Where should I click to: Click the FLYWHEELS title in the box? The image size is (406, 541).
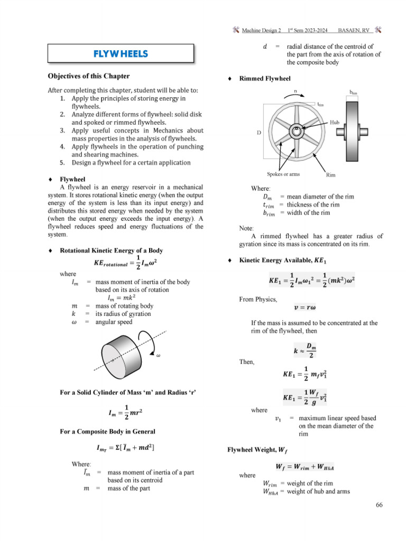point(121,54)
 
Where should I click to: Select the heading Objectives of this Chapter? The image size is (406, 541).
point(88,76)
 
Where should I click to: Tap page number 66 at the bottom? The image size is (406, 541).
point(379,505)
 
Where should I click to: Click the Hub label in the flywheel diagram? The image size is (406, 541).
point(335,122)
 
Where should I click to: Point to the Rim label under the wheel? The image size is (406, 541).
point(330,174)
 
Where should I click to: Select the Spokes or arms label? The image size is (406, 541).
point(283,174)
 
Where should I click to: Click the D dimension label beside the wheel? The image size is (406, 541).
point(259,133)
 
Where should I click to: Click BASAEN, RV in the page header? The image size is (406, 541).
point(354,31)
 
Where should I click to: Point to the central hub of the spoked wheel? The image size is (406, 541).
point(297,129)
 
